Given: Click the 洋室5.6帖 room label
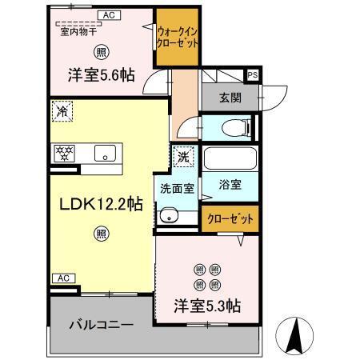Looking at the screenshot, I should point(100,74).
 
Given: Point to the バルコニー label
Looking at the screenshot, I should point(100,326).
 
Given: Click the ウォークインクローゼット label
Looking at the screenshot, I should point(177,36).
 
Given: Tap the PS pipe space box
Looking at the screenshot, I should point(253,75).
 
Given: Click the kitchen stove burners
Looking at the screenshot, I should point(63,152).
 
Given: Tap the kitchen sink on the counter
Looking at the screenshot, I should point(104,154).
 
